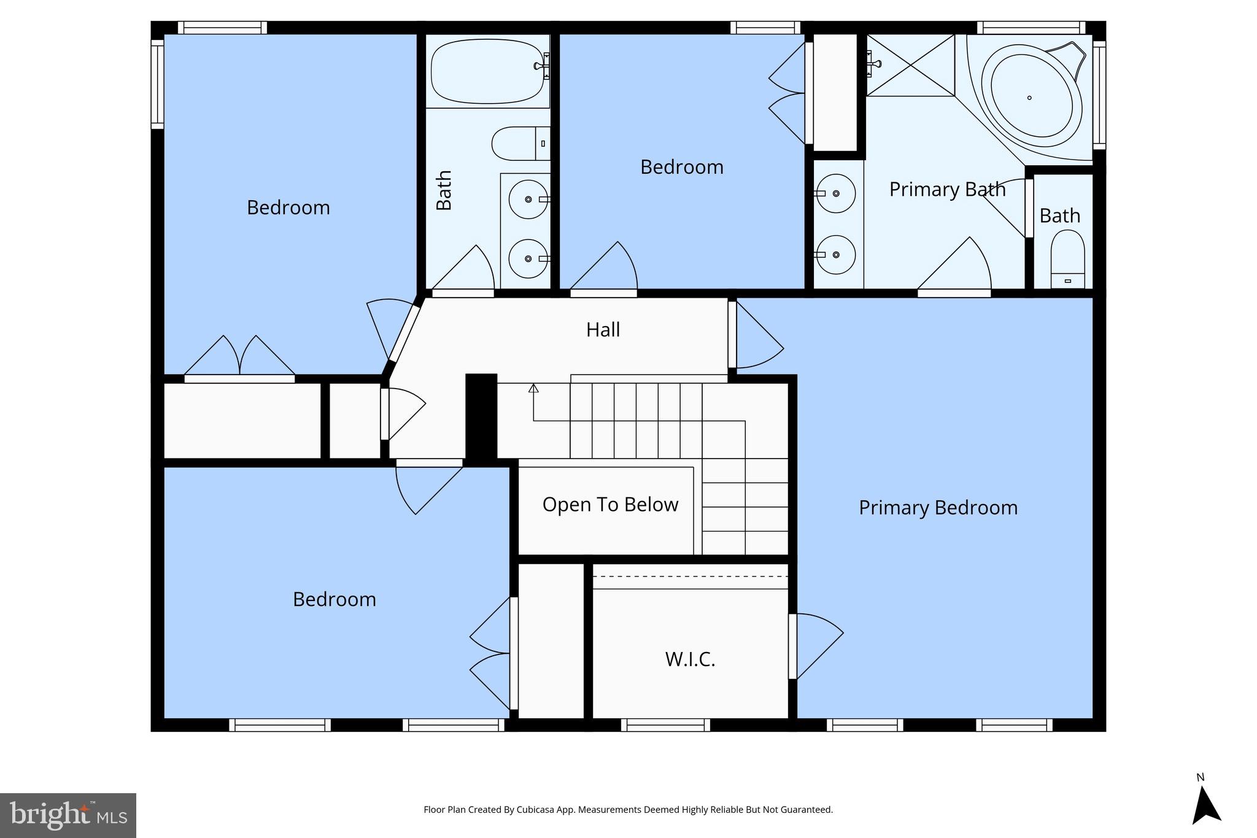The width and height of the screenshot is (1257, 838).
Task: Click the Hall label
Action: [603, 330]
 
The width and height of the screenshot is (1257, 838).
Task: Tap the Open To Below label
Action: [610, 505]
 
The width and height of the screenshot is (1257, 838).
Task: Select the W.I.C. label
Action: [690, 659]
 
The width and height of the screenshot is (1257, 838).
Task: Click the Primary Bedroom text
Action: [938, 508]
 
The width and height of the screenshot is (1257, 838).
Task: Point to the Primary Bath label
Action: [947, 189]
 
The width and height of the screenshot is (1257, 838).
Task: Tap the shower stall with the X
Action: [910, 65]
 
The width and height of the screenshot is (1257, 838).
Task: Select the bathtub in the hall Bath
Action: [487, 71]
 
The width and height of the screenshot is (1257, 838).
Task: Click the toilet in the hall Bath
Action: [519, 143]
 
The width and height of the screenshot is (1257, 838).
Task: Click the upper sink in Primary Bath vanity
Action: [836, 193]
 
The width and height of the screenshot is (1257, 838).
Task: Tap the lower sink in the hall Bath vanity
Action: [528, 258]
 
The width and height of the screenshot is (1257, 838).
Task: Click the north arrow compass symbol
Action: [1205, 805]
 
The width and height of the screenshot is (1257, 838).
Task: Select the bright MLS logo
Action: [68, 815]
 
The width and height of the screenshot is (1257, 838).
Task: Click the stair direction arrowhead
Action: [533, 388]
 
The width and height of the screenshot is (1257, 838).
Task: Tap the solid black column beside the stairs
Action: [481, 417]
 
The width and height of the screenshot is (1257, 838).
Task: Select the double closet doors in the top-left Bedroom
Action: [239, 357]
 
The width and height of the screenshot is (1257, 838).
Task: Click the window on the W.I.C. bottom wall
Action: [665, 725]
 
